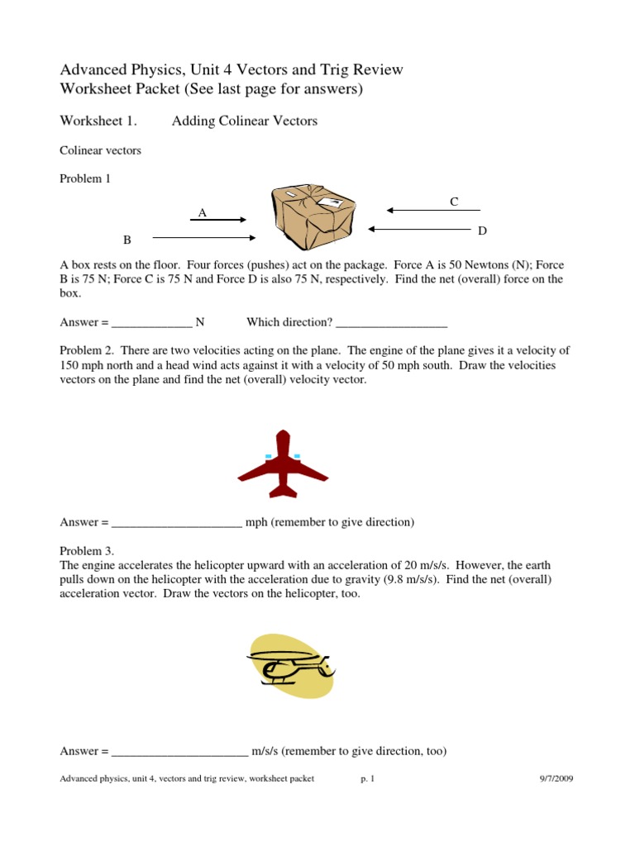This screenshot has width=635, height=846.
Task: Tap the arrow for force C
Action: pyautogui.click(x=433, y=211)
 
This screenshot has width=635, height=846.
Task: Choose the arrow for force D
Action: pyautogui.click(x=419, y=229)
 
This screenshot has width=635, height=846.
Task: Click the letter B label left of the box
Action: pyautogui.click(x=127, y=240)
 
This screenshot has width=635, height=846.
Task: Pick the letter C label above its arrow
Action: pyautogui.click(x=454, y=202)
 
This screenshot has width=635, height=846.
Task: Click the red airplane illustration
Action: pyautogui.click(x=283, y=464)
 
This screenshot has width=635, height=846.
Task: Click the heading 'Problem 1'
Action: pyautogui.click(x=85, y=178)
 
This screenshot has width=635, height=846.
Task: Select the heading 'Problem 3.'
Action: pyautogui.click(x=87, y=550)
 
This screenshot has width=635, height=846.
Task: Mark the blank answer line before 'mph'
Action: pyautogui.click(x=177, y=523)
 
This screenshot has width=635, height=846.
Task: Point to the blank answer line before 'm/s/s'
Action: pyautogui.click(x=179, y=752)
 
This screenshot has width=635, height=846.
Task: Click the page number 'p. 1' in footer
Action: pyautogui.click(x=368, y=778)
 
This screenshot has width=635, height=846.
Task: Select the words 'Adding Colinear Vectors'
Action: pyautogui.click(x=244, y=121)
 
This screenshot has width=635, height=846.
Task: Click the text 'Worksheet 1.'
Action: pyautogui.click(x=98, y=121)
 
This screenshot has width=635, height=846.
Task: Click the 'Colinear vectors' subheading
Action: pyautogui.click(x=100, y=150)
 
